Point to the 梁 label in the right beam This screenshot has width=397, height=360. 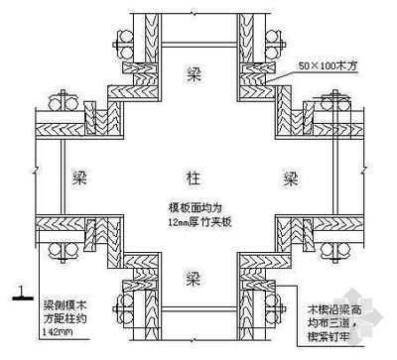290,179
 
